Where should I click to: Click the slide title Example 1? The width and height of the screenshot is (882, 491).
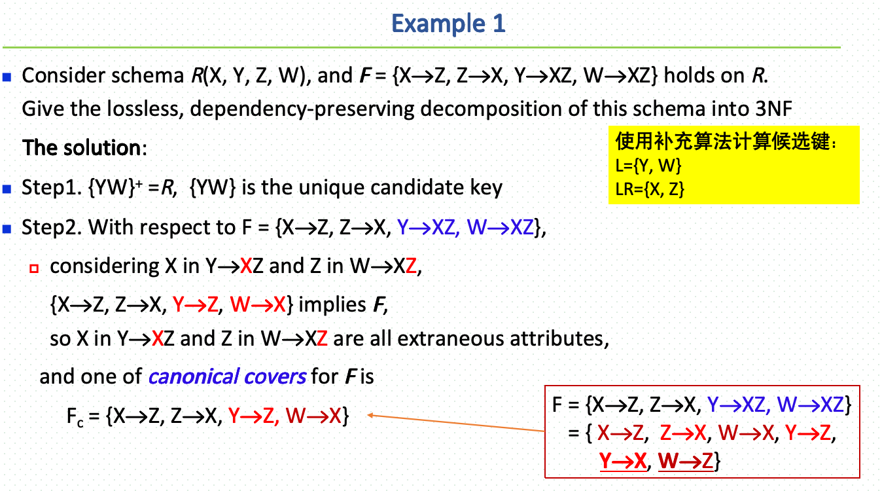[x=448, y=24]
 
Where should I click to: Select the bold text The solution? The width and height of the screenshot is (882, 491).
[x=82, y=147]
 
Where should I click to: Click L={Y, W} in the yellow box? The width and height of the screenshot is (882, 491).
[x=648, y=165]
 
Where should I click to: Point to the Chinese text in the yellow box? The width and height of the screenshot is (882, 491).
[x=726, y=141]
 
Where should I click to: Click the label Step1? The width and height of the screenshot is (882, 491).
[x=51, y=188]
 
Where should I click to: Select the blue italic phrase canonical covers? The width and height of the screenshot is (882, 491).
[x=227, y=376]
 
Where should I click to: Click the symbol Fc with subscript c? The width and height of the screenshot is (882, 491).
[x=74, y=417]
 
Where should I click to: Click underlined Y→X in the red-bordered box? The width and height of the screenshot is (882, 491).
[x=622, y=461]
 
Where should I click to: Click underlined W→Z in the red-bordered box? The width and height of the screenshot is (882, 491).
[x=686, y=461]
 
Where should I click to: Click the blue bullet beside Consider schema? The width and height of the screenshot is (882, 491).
[x=8, y=77]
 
